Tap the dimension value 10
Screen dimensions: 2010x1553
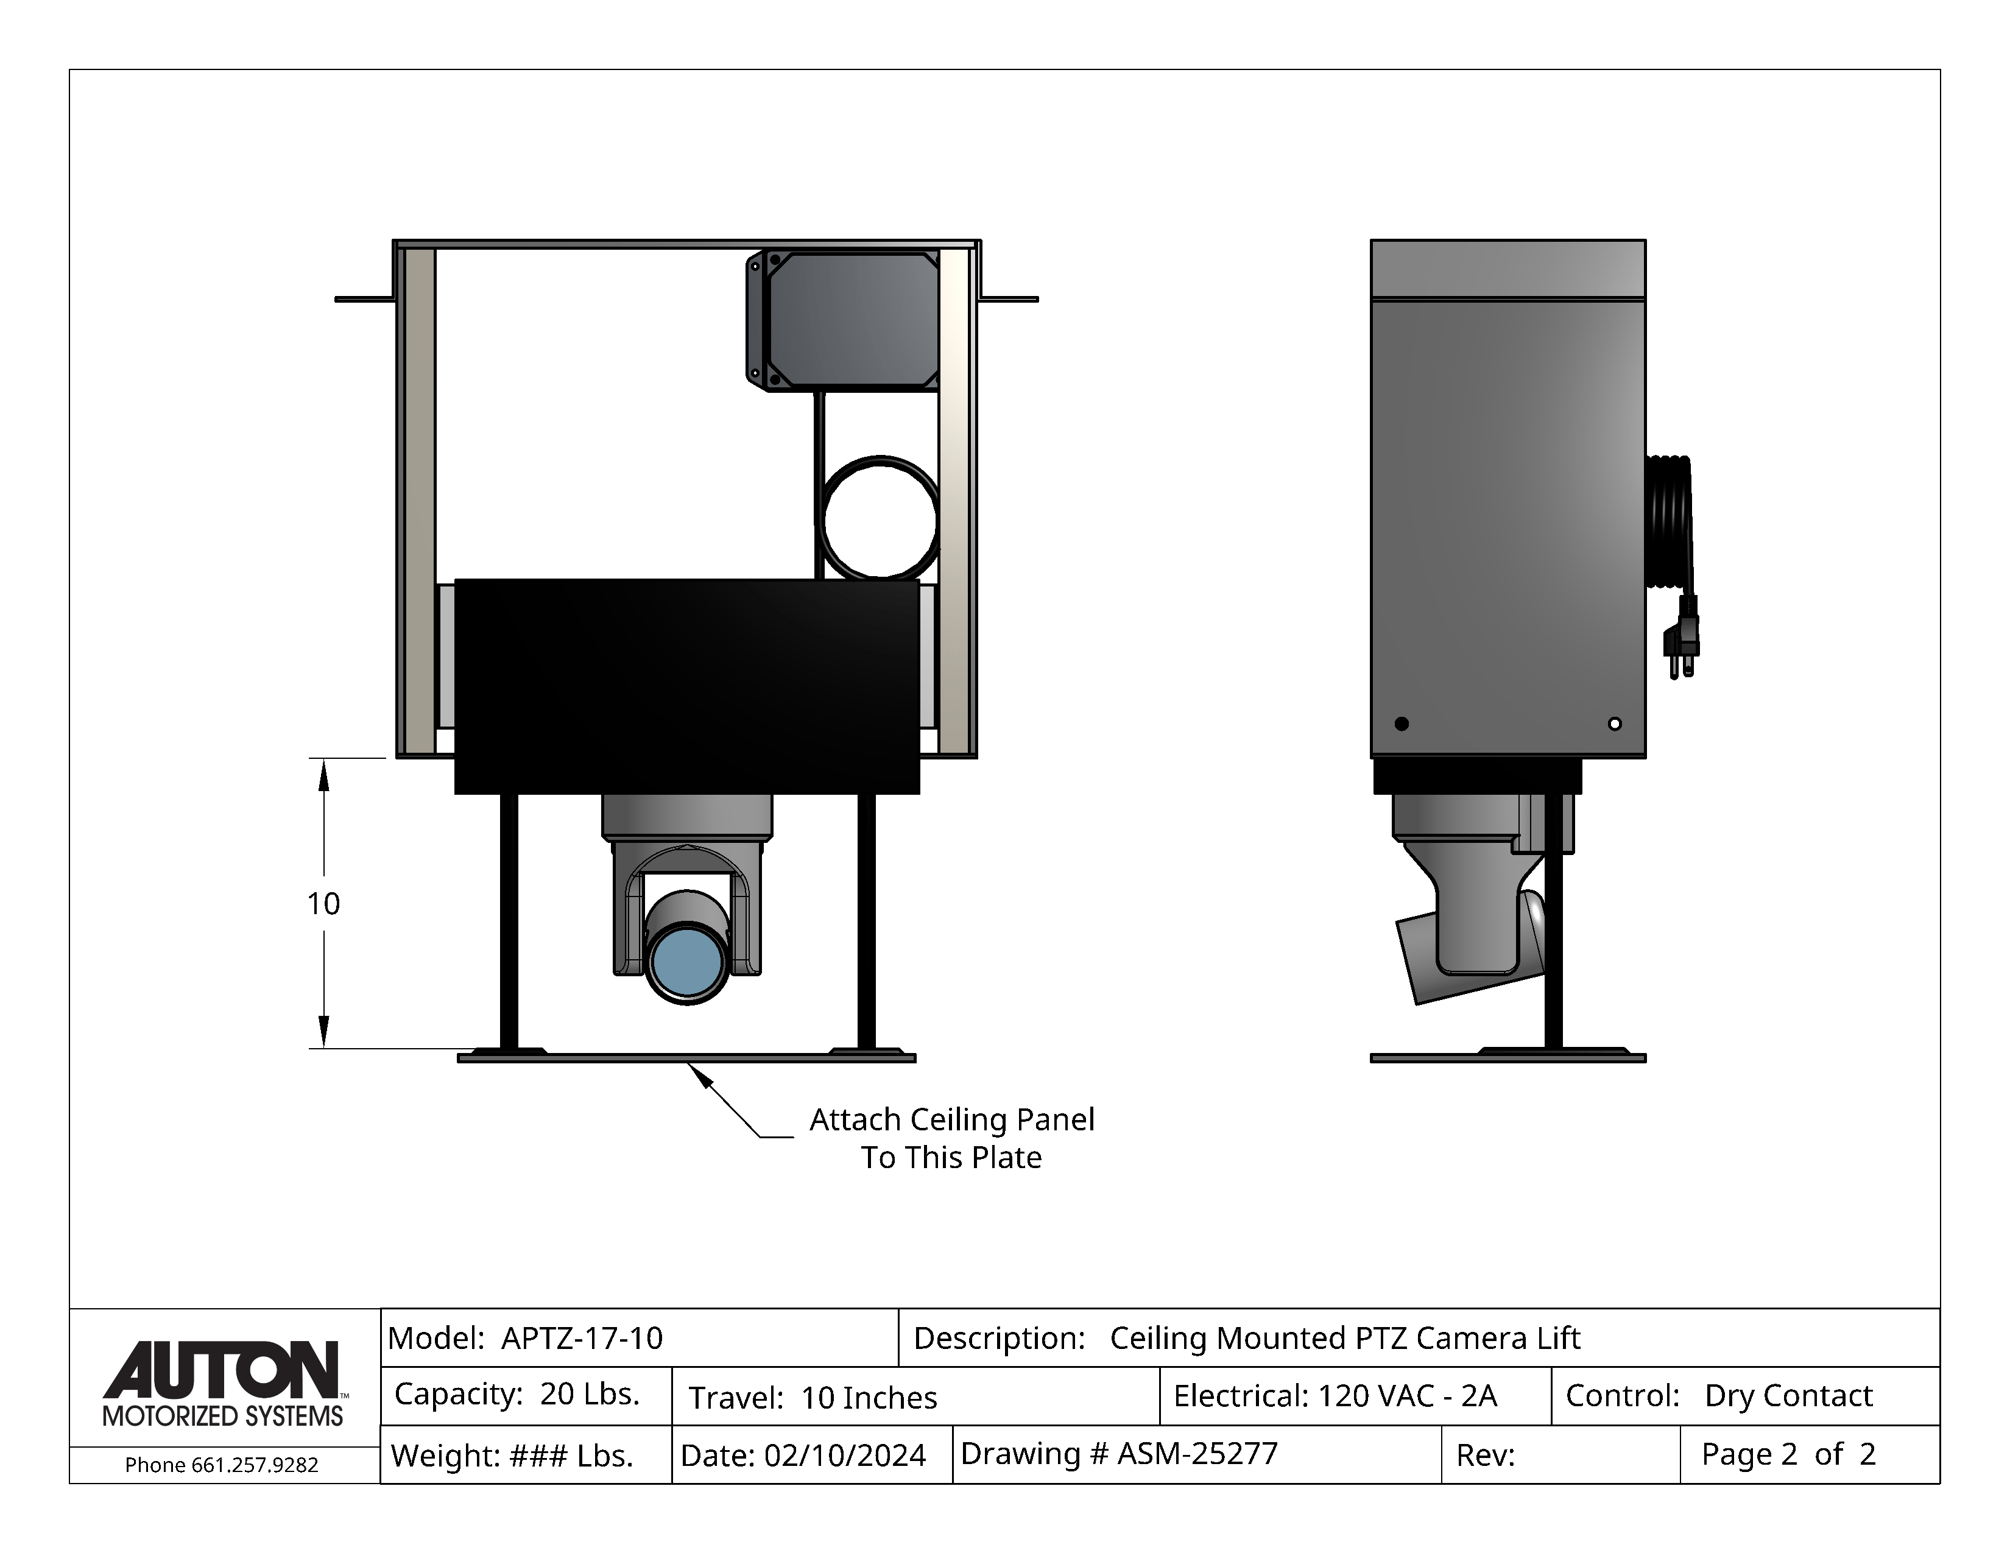[323, 903]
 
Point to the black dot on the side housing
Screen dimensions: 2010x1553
[1402, 723]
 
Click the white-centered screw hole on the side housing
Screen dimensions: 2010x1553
[1614, 723]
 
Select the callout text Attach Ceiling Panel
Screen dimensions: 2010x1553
[951, 1119]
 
